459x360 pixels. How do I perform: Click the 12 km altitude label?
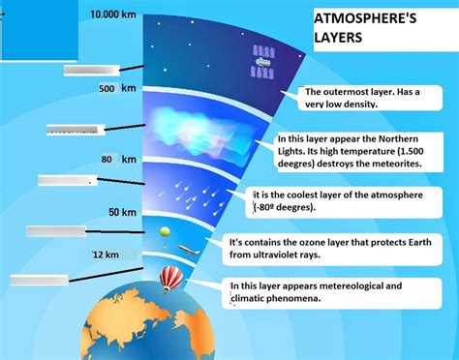pos(106,255)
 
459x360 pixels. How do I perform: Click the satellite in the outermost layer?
pos(261,61)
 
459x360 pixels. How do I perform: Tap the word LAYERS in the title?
pos(339,40)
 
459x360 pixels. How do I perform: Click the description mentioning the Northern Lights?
pos(357,152)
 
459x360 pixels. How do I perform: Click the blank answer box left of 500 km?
pos(91,70)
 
